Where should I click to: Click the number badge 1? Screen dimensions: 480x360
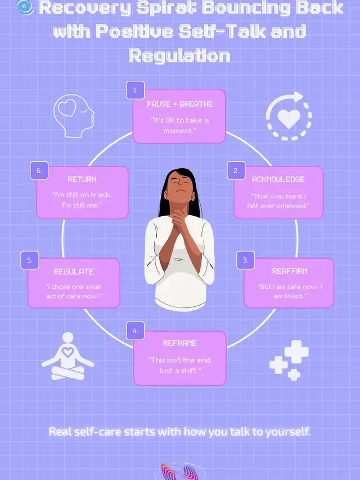pos(135,90)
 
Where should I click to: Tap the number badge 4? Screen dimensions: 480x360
pos(136,331)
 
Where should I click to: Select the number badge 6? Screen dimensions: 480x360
pos(39,170)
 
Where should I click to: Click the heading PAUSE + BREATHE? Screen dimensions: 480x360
pos(179,105)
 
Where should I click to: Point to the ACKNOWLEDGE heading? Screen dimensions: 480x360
pos(278,179)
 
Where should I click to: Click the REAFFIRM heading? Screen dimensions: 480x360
pos(290,271)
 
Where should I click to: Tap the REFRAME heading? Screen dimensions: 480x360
pos(179,343)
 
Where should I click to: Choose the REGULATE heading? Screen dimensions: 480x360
pos(74,271)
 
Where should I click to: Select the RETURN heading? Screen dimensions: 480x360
pos(82,179)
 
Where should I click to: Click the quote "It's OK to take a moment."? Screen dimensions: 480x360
pos(179,125)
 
